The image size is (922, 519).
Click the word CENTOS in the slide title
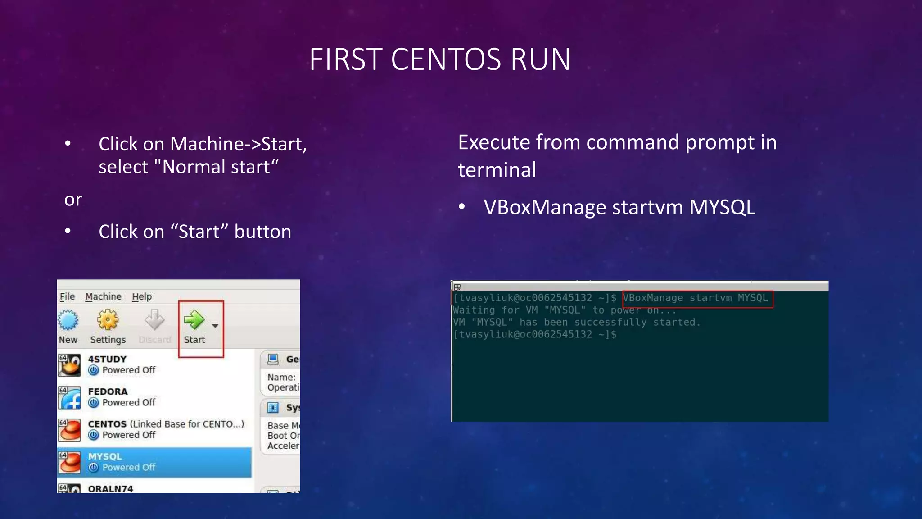[x=446, y=59]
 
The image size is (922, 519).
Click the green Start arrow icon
[x=194, y=319]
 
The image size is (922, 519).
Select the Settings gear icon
[x=108, y=319]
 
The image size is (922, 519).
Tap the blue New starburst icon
[x=68, y=320]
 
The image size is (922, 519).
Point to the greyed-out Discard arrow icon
[x=154, y=319]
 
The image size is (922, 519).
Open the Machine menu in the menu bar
[x=103, y=296]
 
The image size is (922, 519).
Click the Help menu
[x=142, y=296]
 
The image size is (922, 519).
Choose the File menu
[x=67, y=296]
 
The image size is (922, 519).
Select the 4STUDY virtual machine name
[x=107, y=359]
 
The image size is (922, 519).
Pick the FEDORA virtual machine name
[x=108, y=392]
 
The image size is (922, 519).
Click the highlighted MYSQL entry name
[x=105, y=456]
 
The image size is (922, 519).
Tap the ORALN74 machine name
[x=110, y=489]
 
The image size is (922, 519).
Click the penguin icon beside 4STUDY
[x=69, y=365]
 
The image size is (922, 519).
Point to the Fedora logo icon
[x=69, y=397]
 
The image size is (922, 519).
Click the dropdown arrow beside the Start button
[x=215, y=325]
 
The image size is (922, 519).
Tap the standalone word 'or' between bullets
[x=73, y=200]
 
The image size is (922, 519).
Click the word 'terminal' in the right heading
[x=497, y=170]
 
